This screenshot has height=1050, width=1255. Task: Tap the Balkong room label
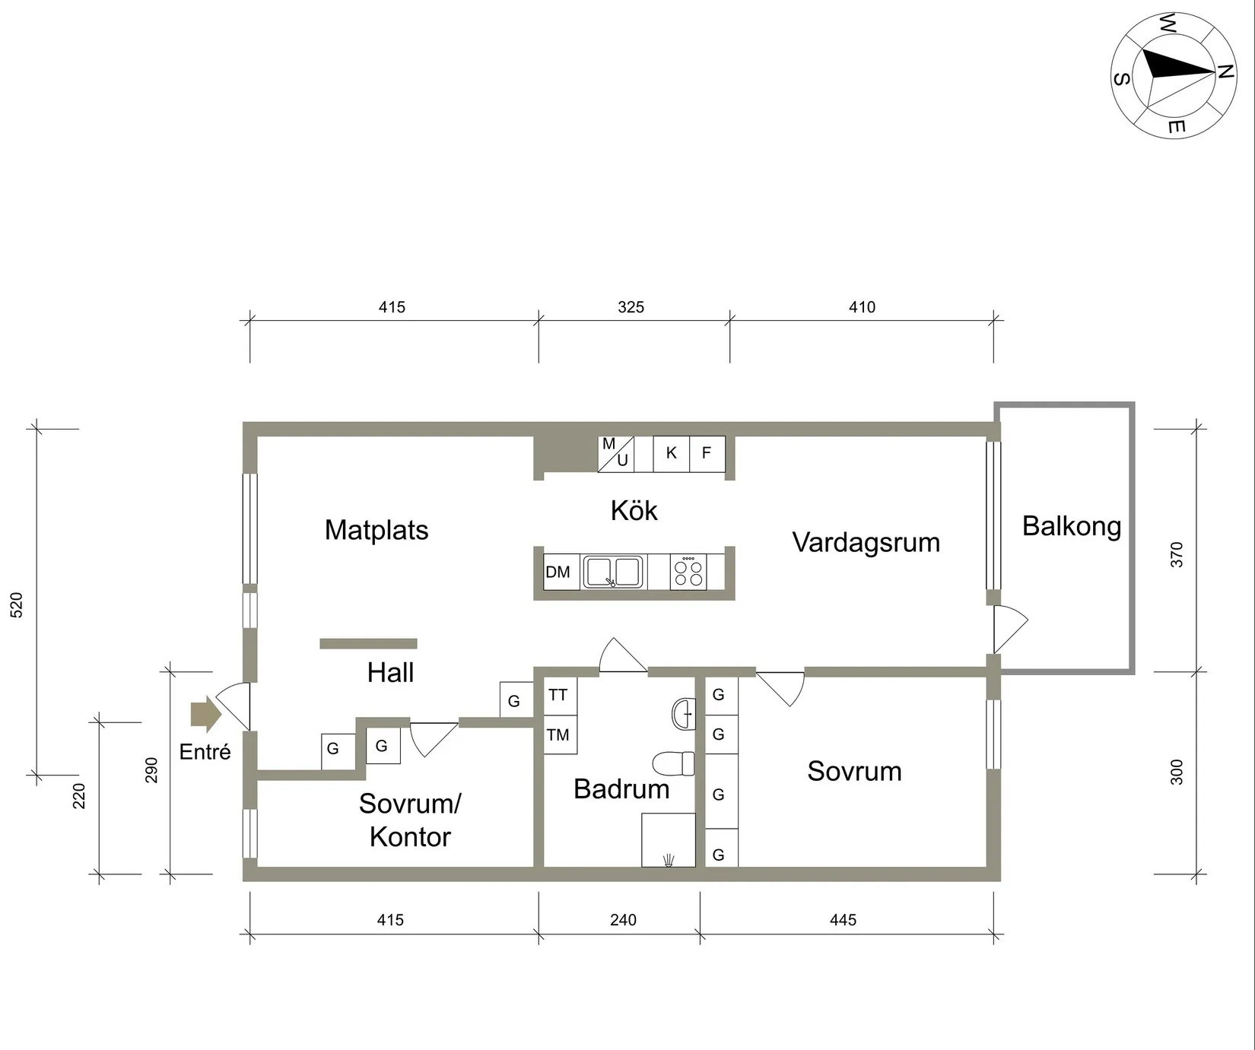1071,526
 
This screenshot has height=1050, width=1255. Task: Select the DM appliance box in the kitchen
558,572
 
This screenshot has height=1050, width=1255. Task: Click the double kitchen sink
613,572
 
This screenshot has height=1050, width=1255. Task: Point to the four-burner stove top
688,572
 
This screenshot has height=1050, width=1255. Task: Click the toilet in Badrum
675,763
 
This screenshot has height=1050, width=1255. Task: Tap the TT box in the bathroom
559,695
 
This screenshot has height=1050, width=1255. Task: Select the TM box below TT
559,734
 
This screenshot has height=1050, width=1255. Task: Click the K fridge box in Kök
671,453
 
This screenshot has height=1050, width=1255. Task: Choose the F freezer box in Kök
707,453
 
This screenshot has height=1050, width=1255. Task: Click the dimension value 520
17,604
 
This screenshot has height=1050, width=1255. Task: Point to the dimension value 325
631,307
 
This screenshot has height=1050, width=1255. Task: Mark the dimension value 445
843,920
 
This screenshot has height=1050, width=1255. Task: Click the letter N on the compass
1224,72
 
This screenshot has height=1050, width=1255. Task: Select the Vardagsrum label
866,542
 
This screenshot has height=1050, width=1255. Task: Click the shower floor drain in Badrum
669,860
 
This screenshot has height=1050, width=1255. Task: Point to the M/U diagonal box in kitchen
615,453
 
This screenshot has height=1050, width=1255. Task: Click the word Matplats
376,530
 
